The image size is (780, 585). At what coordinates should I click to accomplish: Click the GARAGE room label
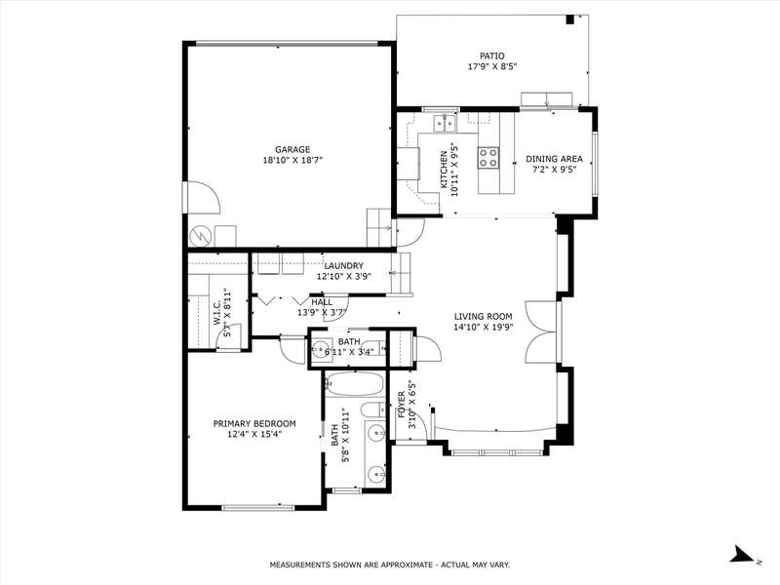(292, 149)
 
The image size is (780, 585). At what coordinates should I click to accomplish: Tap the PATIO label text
(492, 57)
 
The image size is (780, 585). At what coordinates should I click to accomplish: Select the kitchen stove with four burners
(488, 158)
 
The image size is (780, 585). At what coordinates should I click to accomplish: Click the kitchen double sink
(446, 123)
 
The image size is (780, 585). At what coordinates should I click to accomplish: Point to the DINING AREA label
(554, 159)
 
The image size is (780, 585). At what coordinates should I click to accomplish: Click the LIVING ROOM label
(483, 316)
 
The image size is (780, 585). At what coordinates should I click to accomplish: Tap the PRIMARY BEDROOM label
(254, 424)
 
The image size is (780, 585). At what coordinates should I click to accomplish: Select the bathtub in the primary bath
(354, 384)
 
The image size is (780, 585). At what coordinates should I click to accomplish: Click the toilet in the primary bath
(373, 409)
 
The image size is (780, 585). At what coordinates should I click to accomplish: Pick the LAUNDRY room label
(344, 266)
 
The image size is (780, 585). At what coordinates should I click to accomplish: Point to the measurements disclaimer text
(389, 565)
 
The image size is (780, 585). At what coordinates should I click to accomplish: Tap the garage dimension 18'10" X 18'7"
(293, 160)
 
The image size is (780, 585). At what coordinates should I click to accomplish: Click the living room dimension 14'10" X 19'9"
(483, 327)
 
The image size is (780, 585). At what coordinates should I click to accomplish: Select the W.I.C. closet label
(217, 312)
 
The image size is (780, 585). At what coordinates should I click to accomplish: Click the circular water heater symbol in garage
(200, 236)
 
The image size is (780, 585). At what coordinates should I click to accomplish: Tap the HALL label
(322, 302)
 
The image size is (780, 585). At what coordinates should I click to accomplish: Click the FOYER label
(401, 404)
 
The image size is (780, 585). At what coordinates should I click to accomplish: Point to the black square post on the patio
(570, 19)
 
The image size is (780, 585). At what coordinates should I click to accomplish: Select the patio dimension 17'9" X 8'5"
(492, 66)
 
